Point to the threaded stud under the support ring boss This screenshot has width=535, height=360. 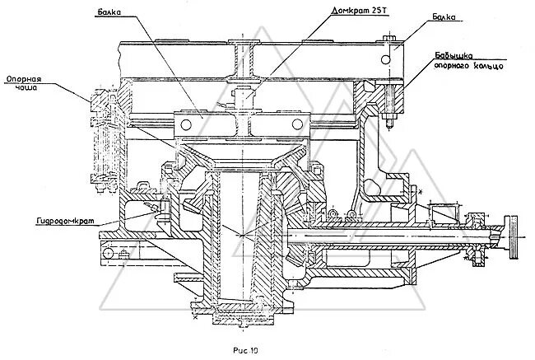click(387, 124)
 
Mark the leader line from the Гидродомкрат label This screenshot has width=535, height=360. click(123, 216)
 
